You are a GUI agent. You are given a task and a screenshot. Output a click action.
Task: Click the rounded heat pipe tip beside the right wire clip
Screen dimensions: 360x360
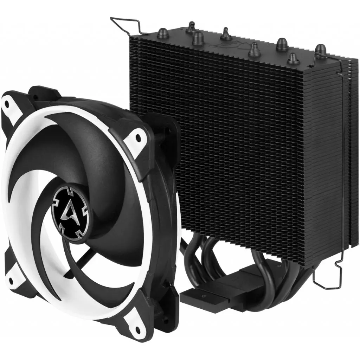[x=320, y=49]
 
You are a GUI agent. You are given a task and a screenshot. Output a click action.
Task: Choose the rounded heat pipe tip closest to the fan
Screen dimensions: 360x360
[x=197, y=36]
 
